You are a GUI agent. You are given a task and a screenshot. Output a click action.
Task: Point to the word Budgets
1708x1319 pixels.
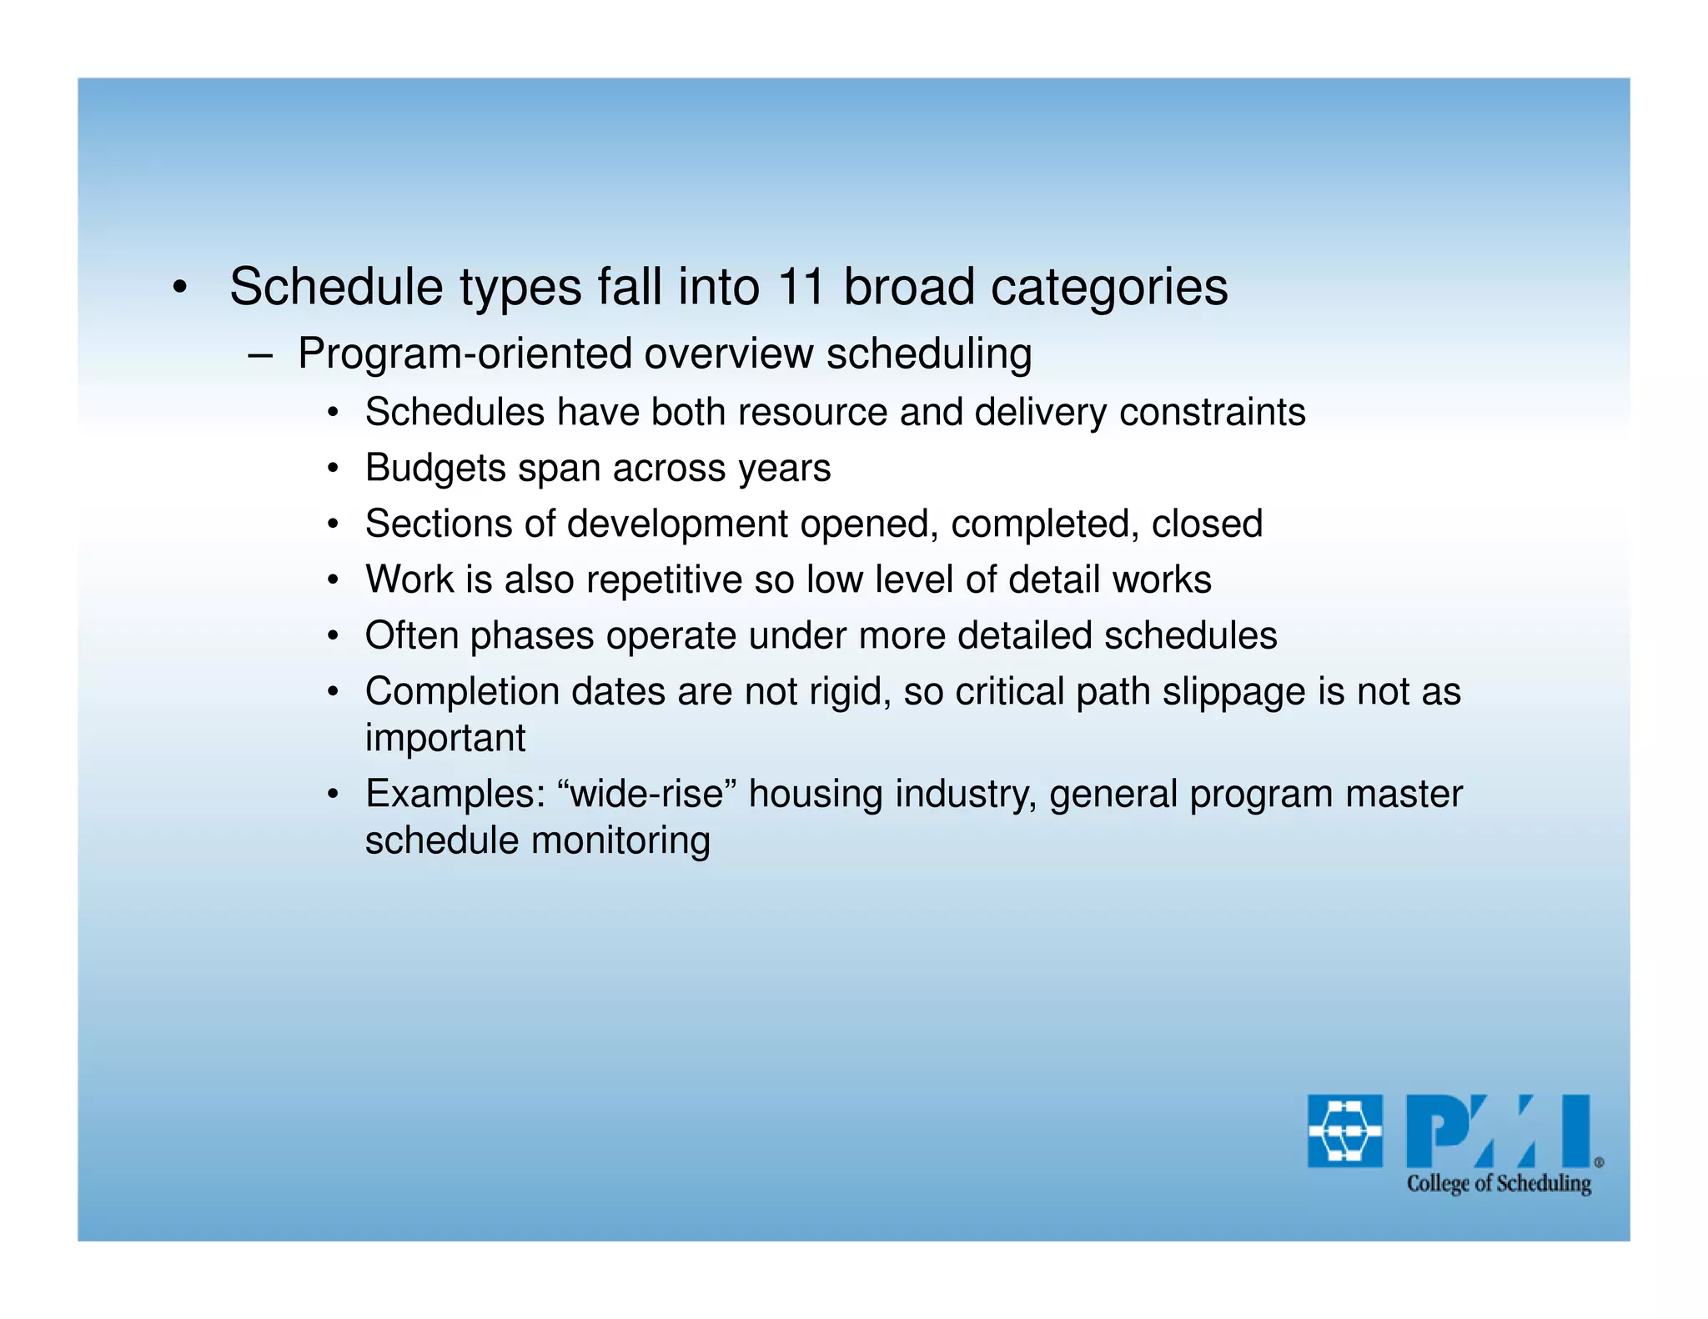[435, 468]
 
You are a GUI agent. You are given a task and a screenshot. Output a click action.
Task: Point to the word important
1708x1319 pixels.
[445, 738]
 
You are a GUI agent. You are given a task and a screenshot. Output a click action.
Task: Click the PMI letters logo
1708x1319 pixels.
[1498, 1131]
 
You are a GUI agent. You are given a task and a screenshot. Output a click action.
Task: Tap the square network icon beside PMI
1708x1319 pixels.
[1344, 1131]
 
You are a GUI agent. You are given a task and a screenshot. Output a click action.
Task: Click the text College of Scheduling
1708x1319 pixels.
[1499, 1183]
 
